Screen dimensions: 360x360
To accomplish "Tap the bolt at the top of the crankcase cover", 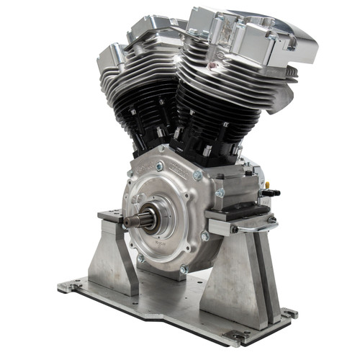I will (x=159, y=166).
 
